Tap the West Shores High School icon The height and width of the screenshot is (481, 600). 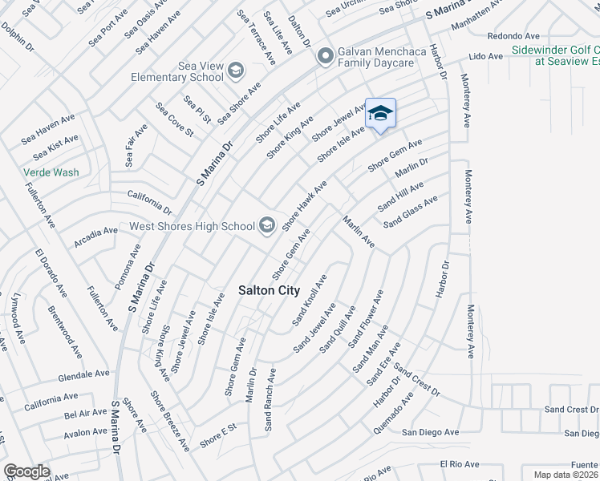266,226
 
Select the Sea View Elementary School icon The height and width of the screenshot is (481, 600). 236,71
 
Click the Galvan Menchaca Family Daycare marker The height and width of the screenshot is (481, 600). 325,56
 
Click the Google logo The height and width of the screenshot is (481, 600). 26,471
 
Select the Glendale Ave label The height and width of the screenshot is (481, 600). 83,374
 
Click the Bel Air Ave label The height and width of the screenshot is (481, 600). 86,413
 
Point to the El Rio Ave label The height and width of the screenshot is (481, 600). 459,464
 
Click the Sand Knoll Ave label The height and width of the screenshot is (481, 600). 310,300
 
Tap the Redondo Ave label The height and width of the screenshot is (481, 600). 513,36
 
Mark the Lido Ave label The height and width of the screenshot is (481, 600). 485,56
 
